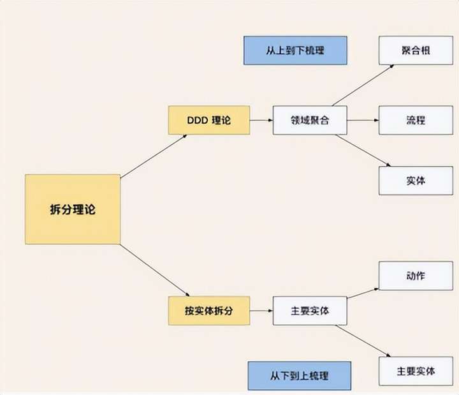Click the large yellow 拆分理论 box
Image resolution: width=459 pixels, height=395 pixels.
pyautogui.click(x=72, y=209)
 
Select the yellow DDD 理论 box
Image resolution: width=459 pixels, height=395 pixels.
pyautogui.click(x=208, y=120)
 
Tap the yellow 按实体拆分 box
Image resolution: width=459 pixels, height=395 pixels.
pyautogui.click(x=208, y=311)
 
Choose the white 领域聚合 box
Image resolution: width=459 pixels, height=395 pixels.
pyautogui.click(x=310, y=120)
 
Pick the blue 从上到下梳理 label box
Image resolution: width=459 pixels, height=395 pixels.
pyautogui.click(x=295, y=50)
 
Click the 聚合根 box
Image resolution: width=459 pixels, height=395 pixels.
pyautogui.click(x=415, y=50)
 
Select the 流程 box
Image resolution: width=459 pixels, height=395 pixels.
pyautogui.click(x=415, y=120)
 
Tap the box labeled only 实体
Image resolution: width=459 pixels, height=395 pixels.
pyautogui.click(x=415, y=181)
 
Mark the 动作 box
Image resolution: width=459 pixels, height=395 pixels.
pyautogui.click(x=415, y=276)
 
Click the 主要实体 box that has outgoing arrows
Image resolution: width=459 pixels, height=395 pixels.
pyautogui.click(x=310, y=311)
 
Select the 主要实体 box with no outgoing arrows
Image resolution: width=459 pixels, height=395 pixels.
pyautogui.click(x=415, y=371)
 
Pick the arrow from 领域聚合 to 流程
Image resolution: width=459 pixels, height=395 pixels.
pyautogui.click(x=363, y=120)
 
